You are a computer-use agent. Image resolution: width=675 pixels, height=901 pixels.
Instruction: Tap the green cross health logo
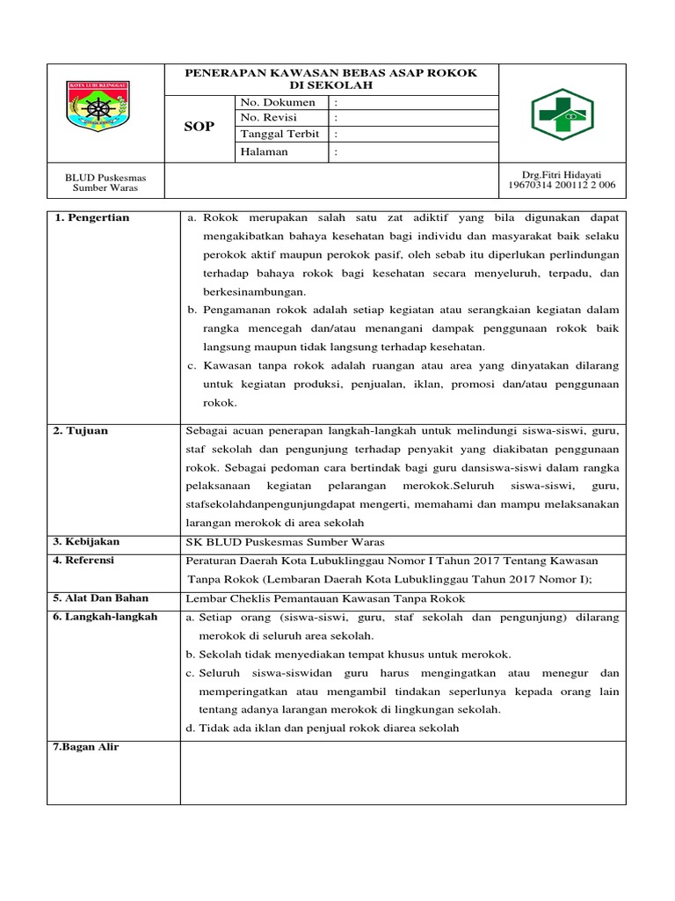[562, 114]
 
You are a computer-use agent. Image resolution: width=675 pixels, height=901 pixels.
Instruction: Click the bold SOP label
[199, 128]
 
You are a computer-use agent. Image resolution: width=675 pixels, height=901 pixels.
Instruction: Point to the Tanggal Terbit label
[279, 134]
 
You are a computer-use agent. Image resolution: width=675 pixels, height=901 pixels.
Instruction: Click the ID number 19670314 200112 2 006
[562, 186]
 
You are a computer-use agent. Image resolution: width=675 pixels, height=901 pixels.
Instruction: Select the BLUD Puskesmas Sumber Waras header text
[105, 183]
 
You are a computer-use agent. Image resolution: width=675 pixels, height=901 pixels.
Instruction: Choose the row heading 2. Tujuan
[82, 431]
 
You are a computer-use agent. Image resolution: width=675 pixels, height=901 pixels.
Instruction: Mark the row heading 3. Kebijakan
[88, 541]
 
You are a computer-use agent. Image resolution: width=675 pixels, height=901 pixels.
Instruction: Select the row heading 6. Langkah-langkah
[105, 617]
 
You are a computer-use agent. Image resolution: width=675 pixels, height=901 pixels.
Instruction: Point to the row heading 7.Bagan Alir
[86, 747]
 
